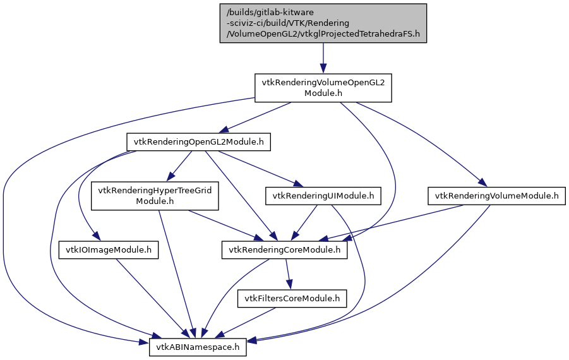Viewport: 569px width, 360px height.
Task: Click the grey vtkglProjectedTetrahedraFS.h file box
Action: [x=323, y=23]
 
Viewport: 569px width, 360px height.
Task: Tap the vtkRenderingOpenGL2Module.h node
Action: [x=198, y=142]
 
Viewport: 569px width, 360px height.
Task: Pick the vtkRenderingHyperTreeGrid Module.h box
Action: [x=155, y=196]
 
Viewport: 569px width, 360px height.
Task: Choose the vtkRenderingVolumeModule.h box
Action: [x=496, y=196]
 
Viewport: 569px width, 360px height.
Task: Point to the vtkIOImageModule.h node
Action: [x=108, y=250]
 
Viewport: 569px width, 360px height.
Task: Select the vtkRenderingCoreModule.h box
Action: [x=284, y=250]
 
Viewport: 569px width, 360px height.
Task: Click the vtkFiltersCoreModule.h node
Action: [x=292, y=298]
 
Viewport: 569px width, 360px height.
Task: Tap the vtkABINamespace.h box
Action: [x=198, y=347]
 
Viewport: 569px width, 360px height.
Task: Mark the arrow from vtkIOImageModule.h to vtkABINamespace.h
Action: [x=152, y=297]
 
